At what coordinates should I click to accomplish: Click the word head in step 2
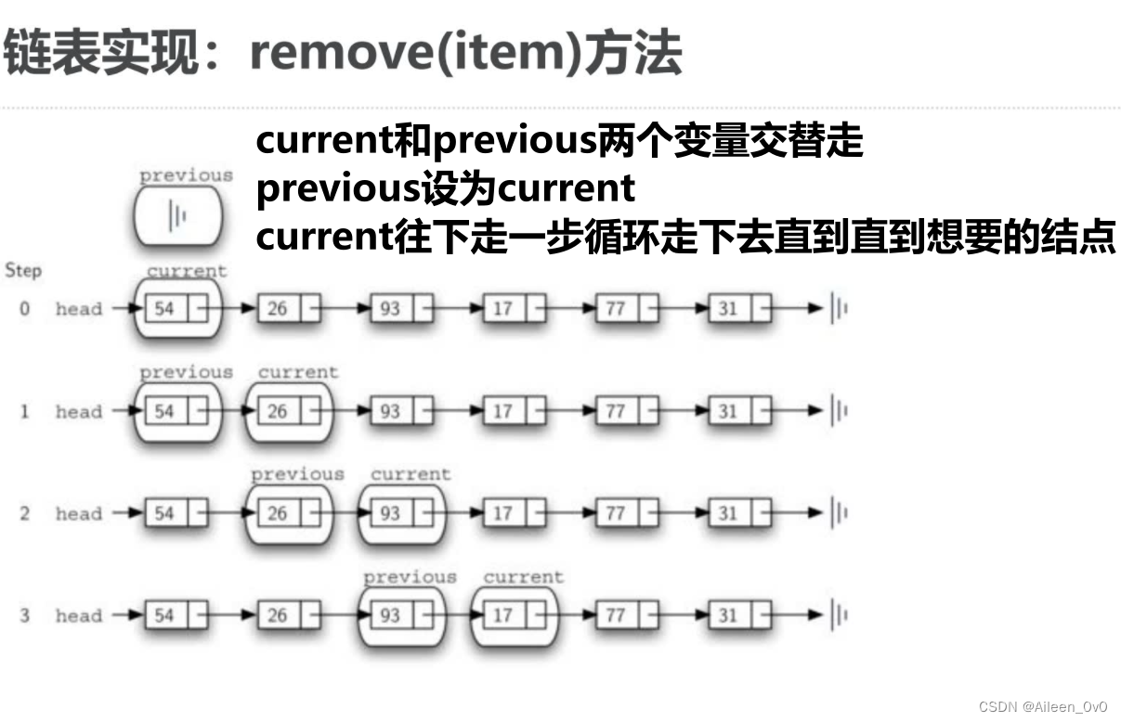79,513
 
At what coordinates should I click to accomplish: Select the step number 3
24,615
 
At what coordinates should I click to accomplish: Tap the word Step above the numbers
23,271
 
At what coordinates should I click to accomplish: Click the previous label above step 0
186,175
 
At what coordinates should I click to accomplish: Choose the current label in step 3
523,576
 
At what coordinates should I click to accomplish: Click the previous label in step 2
297,474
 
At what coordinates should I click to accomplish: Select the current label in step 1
298,372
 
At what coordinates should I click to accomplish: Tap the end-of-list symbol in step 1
840,411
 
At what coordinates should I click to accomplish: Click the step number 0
24,309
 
